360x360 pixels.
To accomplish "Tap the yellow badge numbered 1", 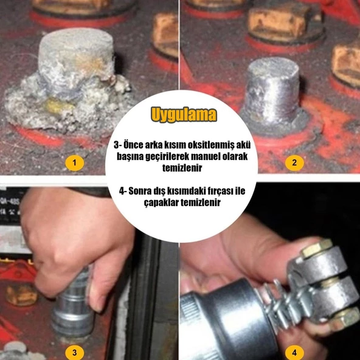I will click(74, 163).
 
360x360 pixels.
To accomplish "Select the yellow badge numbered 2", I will click(294, 163).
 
